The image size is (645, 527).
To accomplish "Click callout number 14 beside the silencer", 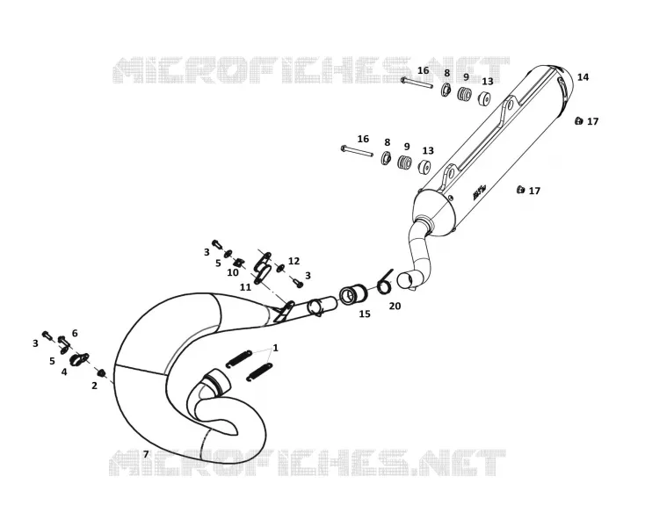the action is coord(583,77).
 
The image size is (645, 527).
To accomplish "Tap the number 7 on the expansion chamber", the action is coord(146,454).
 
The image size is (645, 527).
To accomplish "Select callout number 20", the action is coord(395,306).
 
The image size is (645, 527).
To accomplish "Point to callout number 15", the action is coord(365,314).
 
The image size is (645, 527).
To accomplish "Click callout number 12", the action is coord(294,261).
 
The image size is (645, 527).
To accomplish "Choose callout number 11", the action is coord(245,287).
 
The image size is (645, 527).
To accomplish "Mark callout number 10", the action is coord(233,272).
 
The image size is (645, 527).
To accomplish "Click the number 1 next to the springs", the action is coord(276,348).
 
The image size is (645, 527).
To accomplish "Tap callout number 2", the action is coord(95,386).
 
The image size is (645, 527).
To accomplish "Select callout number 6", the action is coord(75,333).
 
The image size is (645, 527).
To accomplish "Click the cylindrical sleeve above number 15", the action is coord(350,294).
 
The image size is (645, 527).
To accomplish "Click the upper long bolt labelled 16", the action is coord(417,83).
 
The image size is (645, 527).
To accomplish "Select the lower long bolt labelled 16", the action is coord(357,151).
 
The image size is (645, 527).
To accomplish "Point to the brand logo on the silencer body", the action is coord(480,192).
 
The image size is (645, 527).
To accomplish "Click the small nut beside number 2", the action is coord(100,372).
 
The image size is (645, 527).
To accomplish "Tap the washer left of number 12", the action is coord(281,268).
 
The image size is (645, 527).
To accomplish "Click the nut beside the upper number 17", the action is coord(579,121).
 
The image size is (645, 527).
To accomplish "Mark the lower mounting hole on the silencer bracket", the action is coord(452,172).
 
